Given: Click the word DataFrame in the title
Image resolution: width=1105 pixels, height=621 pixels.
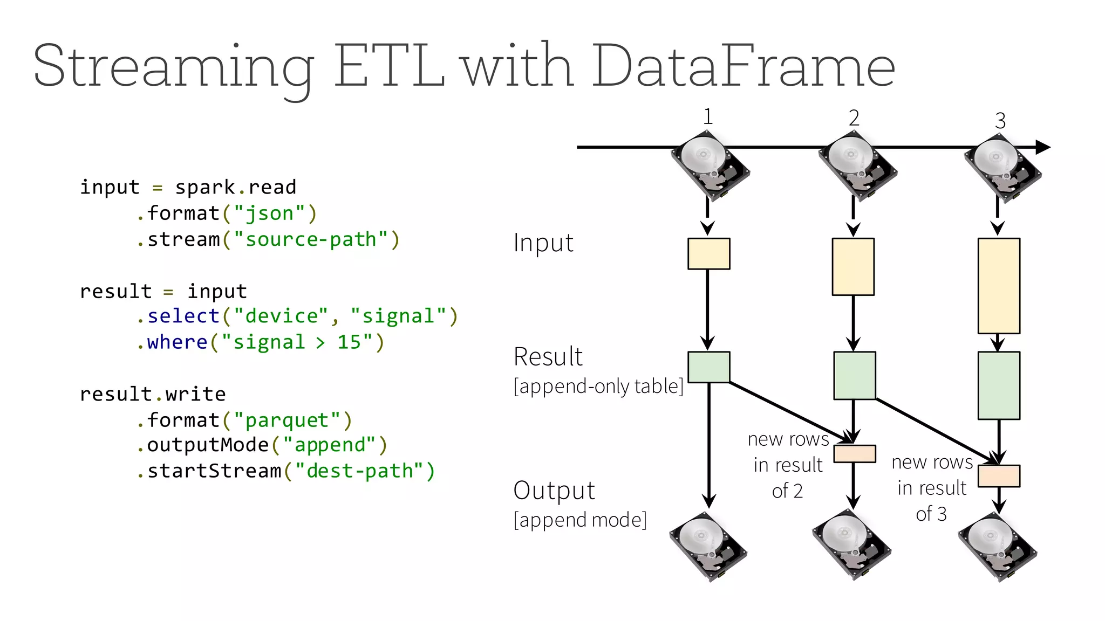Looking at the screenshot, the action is click(x=744, y=67).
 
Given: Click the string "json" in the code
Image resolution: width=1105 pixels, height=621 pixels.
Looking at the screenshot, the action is click(x=269, y=213).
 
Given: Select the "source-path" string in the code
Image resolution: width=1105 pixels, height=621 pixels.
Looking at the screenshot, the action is click(x=311, y=239).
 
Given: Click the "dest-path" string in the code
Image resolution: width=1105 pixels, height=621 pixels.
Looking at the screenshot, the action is click(x=359, y=471).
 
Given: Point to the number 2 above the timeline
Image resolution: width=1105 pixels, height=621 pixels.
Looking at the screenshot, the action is click(x=854, y=118).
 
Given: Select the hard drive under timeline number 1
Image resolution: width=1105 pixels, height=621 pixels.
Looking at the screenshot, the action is click(x=709, y=166).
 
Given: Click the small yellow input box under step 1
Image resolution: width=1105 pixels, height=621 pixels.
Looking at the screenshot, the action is click(x=708, y=254).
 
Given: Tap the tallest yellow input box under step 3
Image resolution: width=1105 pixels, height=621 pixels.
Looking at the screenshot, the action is click(x=999, y=286).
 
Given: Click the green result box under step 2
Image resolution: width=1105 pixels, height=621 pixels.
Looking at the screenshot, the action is click(x=854, y=376).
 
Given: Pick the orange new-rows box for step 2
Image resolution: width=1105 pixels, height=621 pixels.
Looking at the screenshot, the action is click(x=854, y=454).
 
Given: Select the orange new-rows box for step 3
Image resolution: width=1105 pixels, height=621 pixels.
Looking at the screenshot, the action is click(x=999, y=476).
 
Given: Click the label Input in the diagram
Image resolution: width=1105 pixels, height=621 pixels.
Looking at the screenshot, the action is click(x=543, y=243).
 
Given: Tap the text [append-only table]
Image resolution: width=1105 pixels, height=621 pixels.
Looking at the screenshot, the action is click(x=598, y=387).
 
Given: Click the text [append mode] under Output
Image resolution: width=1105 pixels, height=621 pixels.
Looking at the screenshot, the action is click(x=580, y=520).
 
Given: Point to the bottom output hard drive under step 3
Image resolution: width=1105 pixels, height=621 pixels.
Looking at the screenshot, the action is click(x=997, y=547).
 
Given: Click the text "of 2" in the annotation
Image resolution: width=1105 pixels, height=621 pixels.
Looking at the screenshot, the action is click(x=787, y=491).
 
